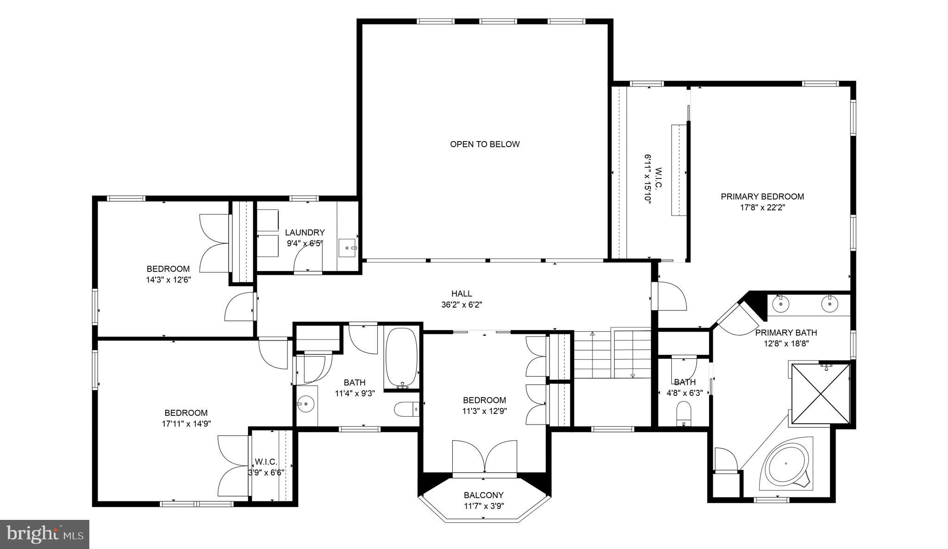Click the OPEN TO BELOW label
pyautogui.click(x=485, y=144)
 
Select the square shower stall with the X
pyautogui.click(x=821, y=394)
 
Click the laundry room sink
pyautogui.click(x=348, y=248)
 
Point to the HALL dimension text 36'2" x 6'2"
pyautogui.click(x=462, y=305)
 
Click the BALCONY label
pyautogui.click(x=484, y=495)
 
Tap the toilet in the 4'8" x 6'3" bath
pyautogui.click(x=683, y=411)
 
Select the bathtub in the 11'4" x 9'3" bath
pyautogui.click(x=401, y=358)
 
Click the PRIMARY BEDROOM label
pyautogui.click(x=762, y=197)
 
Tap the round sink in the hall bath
pyautogui.click(x=306, y=404)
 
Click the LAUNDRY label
pyautogui.click(x=305, y=233)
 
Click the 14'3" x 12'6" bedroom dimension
pyautogui.click(x=168, y=280)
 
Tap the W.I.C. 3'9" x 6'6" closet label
pyautogui.click(x=266, y=462)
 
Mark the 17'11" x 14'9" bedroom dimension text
pyautogui.click(x=186, y=423)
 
